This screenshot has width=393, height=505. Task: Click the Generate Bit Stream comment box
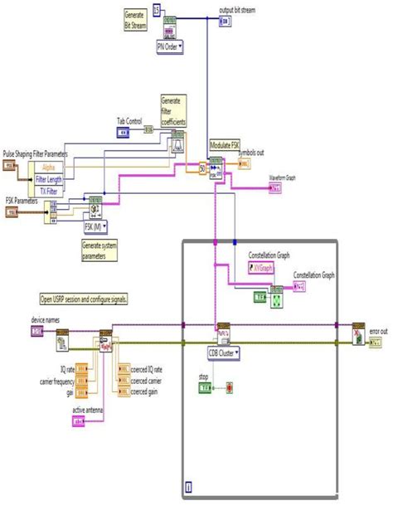point(133,21)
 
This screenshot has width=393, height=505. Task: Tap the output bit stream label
point(238,10)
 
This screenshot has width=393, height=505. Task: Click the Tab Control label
point(128,120)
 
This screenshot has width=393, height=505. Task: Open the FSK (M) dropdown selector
point(96,226)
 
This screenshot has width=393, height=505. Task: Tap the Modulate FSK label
point(225,144)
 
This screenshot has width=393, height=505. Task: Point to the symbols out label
point(251,153)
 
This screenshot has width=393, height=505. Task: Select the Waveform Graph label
point(282,177)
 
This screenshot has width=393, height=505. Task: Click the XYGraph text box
point(264,268)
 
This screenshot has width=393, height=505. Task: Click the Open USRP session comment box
point(89,299)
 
